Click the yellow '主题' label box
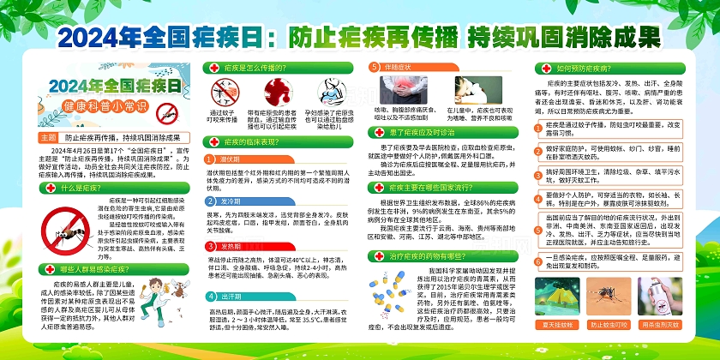click(x=48, y=137)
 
